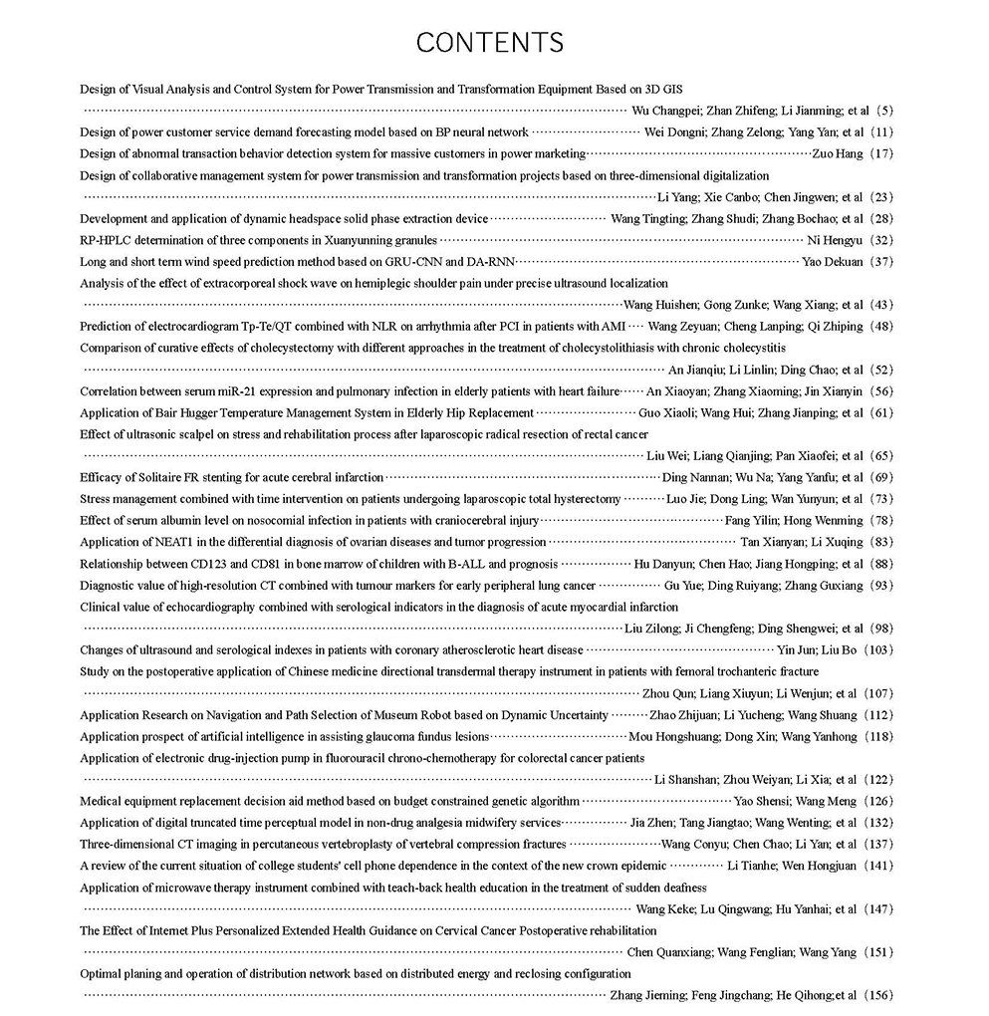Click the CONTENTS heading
tap(489, 43)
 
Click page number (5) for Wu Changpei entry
tap(882, 111)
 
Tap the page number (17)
tap(882, 154)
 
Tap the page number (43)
tap(882, 305)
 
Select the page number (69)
tap(882, 478)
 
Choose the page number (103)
tap(879, 650)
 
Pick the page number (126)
tap(879, 802)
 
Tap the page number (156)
tap(879, 995)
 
